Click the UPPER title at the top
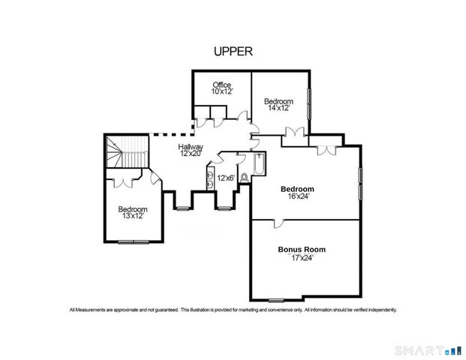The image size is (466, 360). [233, 52]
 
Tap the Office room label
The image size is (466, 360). [221, 84]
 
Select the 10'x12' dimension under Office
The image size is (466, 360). [221, 91]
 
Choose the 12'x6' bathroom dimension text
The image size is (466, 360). [226, 178]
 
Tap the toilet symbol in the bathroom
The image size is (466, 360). [243, 178]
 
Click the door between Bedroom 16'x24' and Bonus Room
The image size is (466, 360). [278, 221]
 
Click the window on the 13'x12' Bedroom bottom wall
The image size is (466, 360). [132, 241]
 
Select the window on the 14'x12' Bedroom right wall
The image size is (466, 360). [309, 101]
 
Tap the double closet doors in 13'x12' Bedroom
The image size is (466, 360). [123, 181]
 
